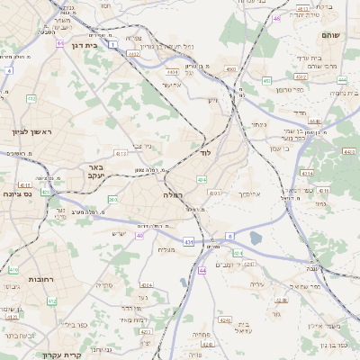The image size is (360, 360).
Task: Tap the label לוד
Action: pos(205,154)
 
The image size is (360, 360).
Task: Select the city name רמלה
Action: pos(173,194)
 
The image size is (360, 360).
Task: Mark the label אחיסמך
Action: pos(249,193)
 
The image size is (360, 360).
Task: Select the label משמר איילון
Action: pos(321,327)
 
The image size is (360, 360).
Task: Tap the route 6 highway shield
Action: pos(229,236)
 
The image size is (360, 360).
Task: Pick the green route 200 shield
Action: pos(112,200)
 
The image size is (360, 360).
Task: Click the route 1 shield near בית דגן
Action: pos(112,43)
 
